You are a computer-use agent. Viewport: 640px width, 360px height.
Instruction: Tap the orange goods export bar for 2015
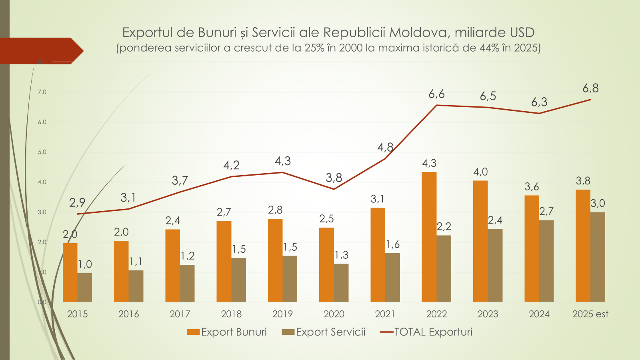pos(70,272)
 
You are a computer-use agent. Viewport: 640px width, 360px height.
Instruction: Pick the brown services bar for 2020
pos(341,283)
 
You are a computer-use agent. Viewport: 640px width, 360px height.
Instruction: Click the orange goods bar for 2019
pos(275,260)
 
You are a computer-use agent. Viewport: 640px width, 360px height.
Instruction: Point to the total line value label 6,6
pos(436,94)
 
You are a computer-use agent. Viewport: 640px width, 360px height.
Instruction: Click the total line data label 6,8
pos(590,88)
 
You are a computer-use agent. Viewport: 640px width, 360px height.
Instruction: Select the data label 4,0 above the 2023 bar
pos(480,172)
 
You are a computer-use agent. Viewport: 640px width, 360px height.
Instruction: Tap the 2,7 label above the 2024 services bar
pos(546,211)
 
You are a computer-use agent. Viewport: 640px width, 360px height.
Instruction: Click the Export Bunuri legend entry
pos(227,332)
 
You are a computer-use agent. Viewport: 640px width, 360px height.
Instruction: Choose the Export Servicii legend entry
pos(324,332)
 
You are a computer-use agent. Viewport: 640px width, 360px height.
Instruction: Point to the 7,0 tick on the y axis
pos(42,92)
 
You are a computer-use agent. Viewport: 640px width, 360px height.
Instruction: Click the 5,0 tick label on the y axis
pos(42,152)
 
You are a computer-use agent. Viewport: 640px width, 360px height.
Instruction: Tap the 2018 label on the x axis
pos(231,314)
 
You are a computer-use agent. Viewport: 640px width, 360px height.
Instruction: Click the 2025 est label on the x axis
pos(590,314)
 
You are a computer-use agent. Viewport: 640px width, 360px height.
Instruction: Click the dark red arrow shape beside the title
pos(40,51)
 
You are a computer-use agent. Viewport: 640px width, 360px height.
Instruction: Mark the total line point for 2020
pos(334,189)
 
